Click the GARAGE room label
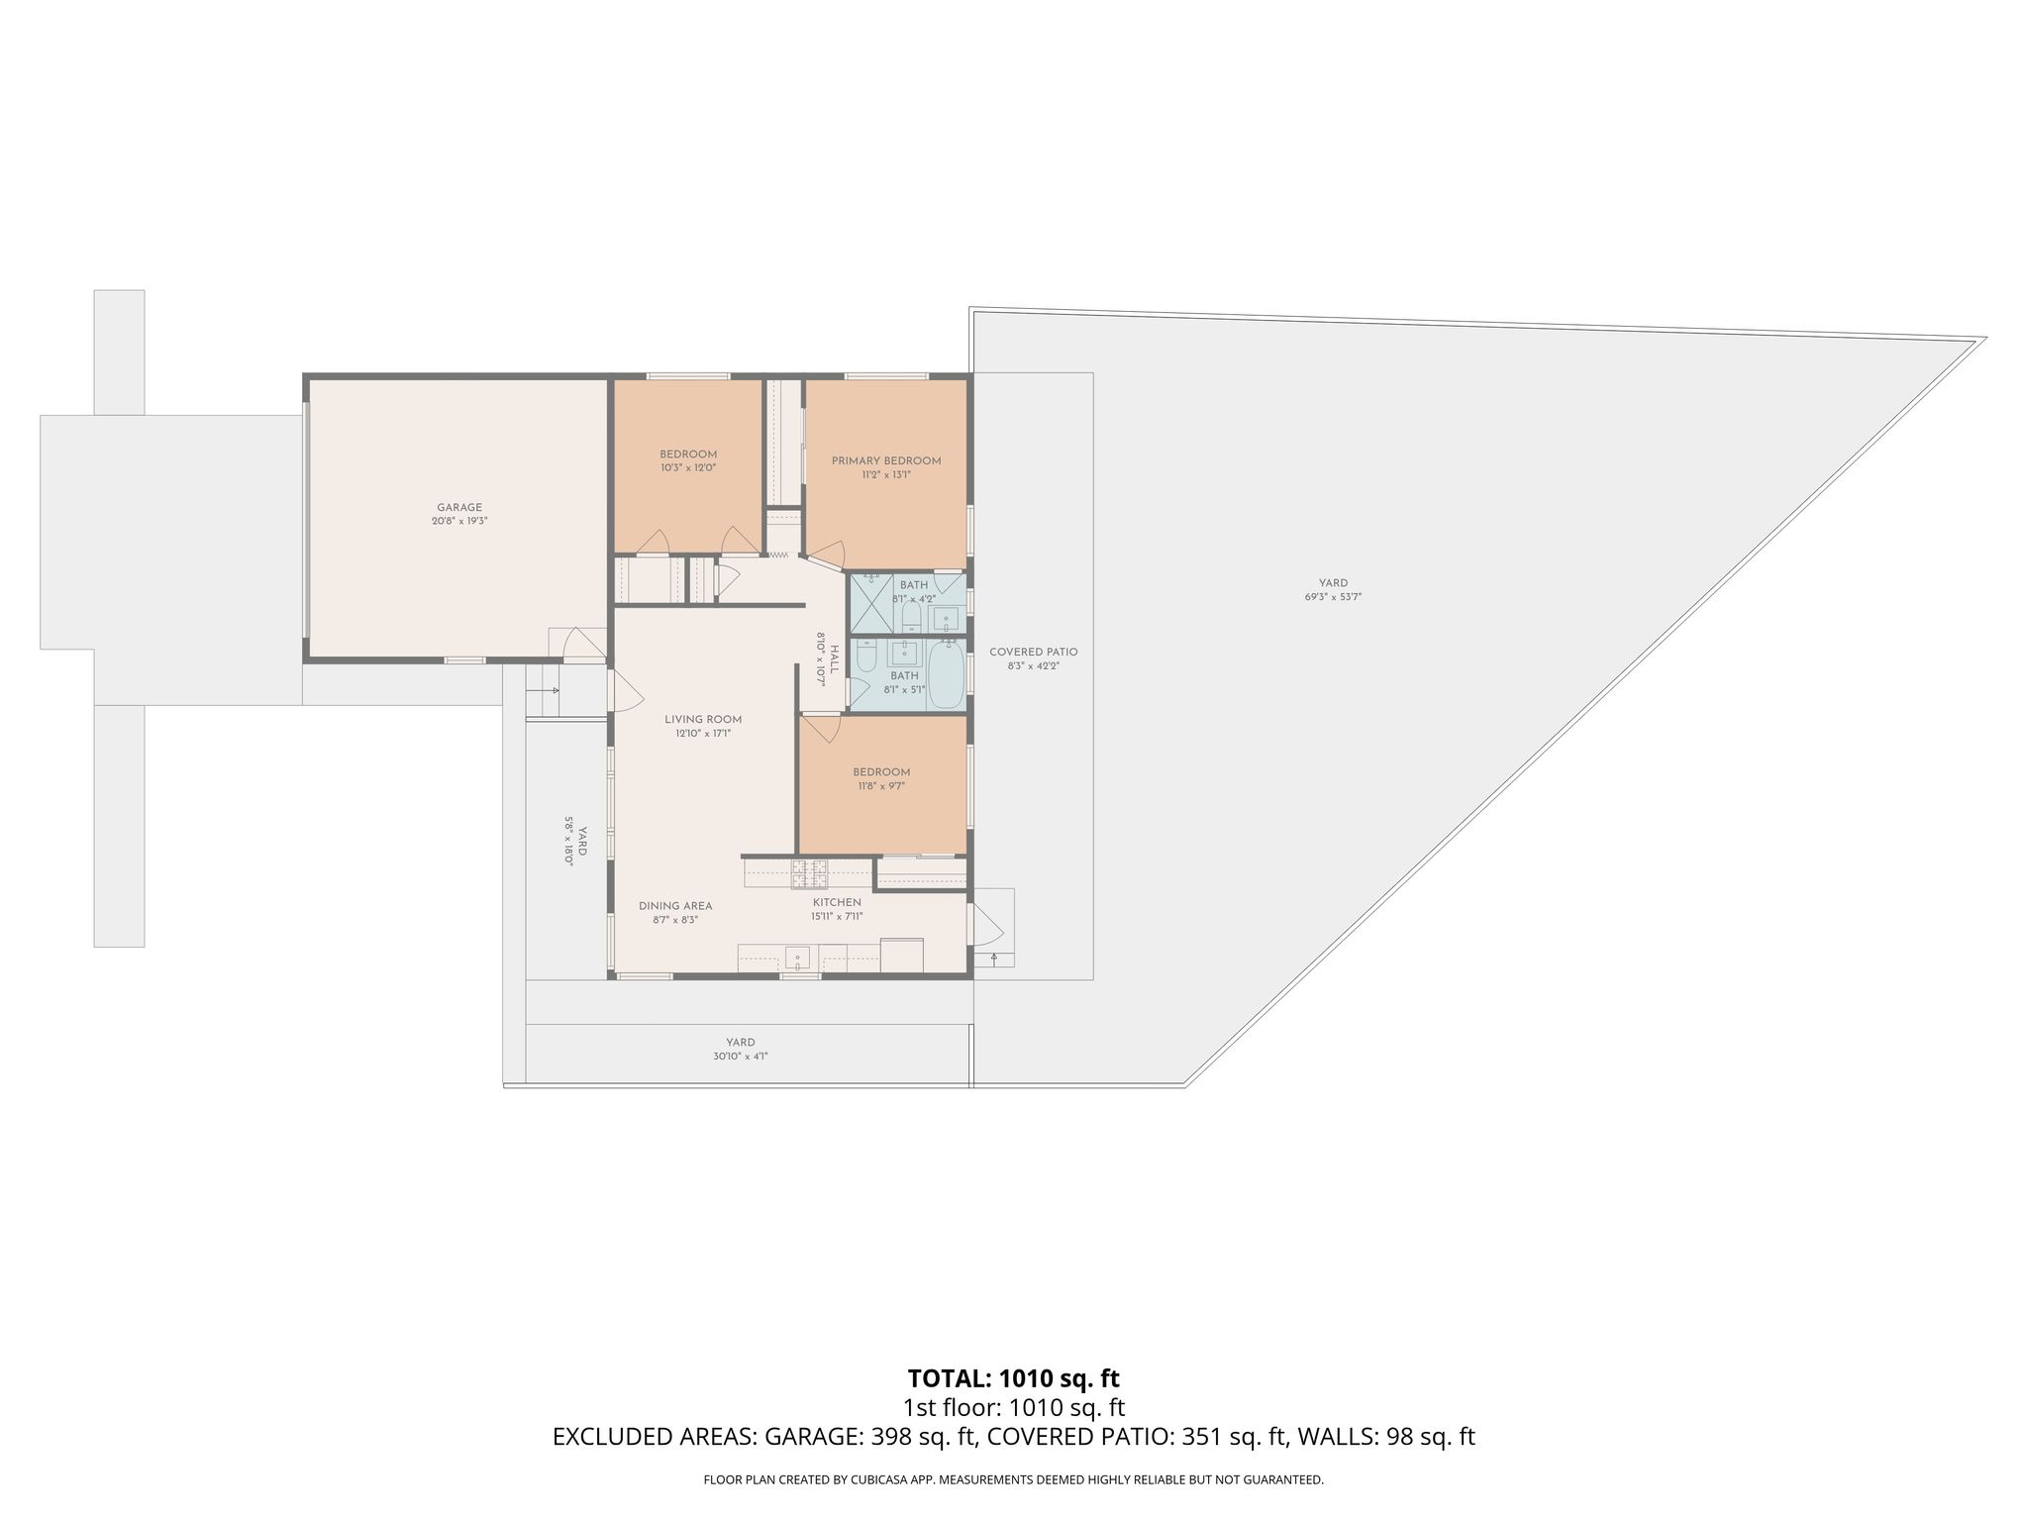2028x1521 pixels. pos(459,508)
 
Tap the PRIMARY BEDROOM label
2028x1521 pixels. pos(886,460)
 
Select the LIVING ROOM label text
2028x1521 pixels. pos(703,720)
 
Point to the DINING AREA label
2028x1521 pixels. pos(675,906)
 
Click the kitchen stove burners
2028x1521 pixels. pos(809,873)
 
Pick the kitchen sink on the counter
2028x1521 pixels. pos(798,957)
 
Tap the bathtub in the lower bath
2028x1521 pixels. pos(946,673)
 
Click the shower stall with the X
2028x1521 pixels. pos(872,603)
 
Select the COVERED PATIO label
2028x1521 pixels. pos(1034,653)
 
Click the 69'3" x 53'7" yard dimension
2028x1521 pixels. pos(1334,597)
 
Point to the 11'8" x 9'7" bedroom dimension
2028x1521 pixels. pos(881,786)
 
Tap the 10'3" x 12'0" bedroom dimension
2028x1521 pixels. pos(688,467)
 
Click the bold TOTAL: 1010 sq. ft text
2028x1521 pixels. pos(1014,1377)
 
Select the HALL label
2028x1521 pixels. pos(835,659)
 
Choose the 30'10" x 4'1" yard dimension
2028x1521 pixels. pos(741,1057)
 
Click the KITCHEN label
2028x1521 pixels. pos(837,903)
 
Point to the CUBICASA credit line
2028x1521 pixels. pos(1014,1480)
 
